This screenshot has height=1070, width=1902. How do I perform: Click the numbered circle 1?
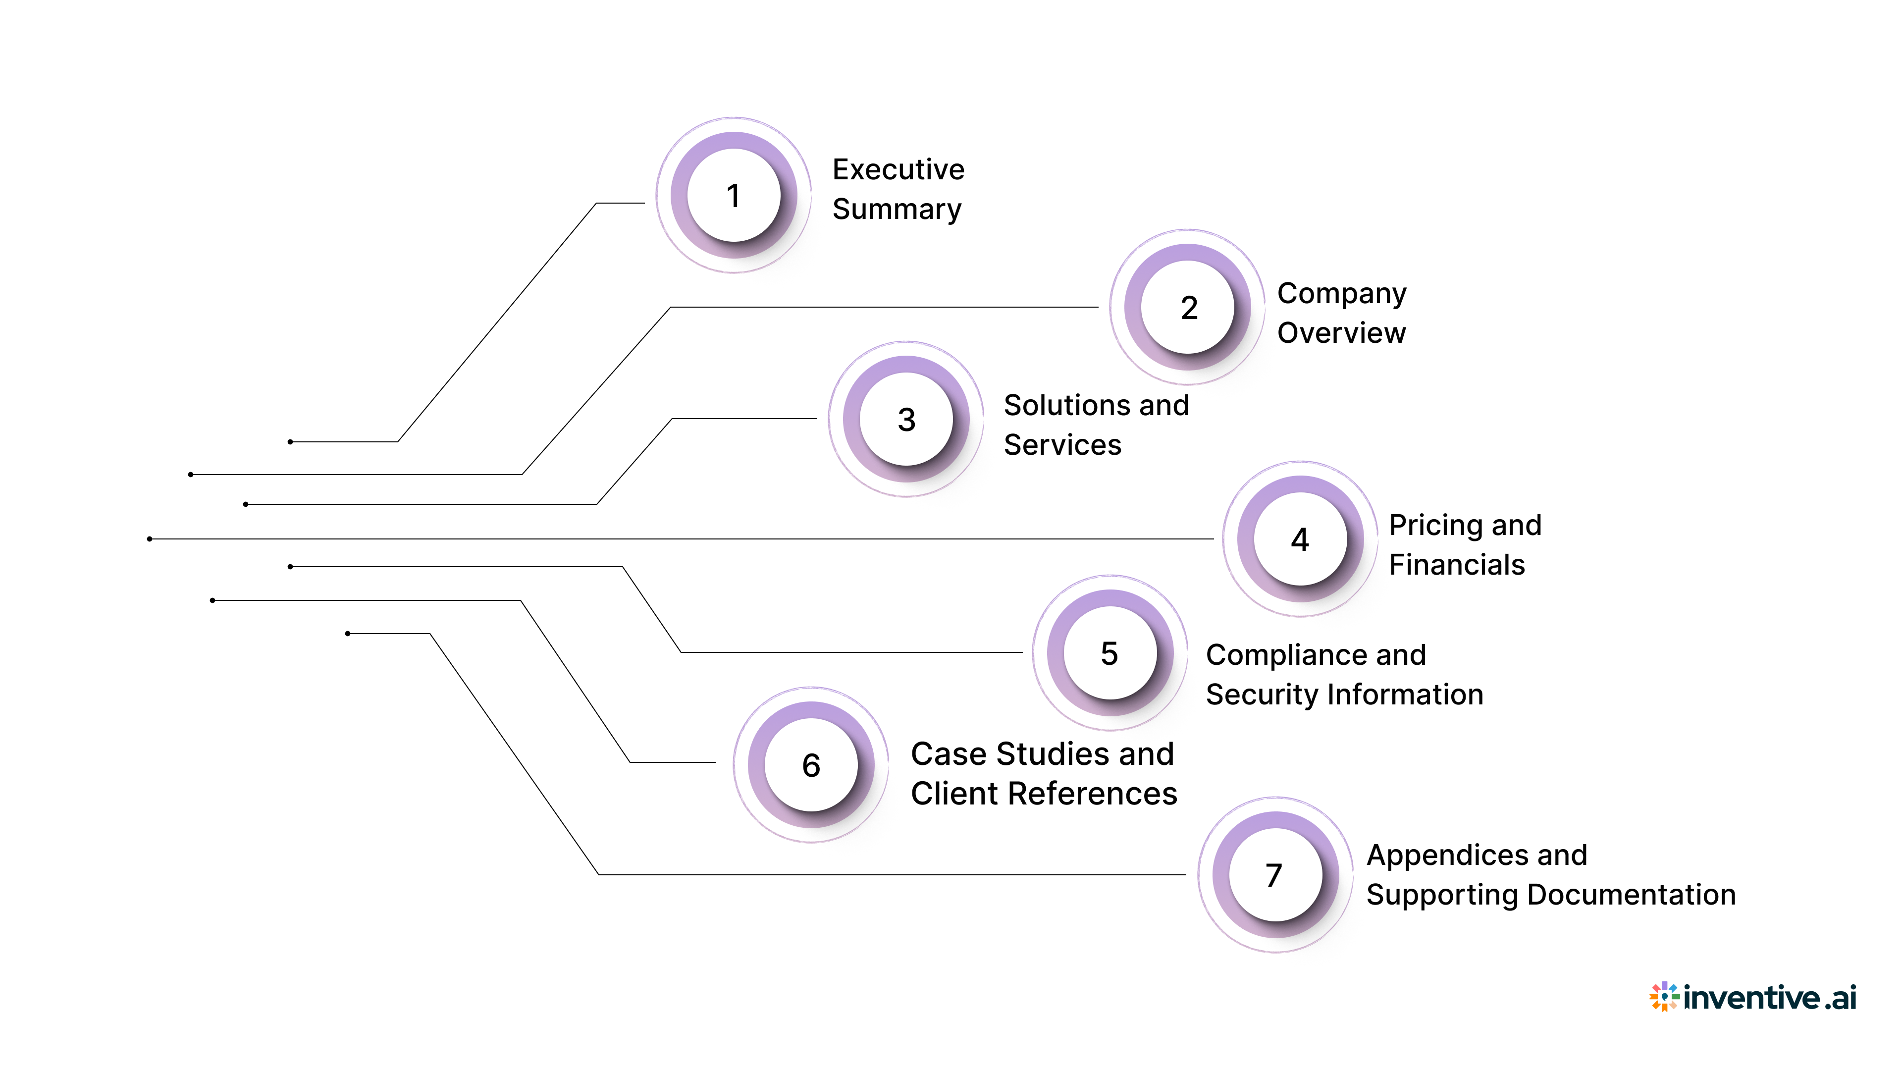733,196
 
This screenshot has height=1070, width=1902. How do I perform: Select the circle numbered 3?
906,420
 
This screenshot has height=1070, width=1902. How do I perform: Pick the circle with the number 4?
1300,539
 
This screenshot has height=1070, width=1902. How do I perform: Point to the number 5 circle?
1109,653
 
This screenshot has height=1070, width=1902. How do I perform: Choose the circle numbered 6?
811,765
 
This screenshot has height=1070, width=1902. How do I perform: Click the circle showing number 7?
1274,875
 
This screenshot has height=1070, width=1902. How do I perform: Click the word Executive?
898,170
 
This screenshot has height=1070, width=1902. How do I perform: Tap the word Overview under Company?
1341,333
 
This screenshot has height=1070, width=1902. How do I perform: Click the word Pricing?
1434,526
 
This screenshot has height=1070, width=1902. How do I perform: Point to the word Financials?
1456,565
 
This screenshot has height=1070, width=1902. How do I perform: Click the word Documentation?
1631,895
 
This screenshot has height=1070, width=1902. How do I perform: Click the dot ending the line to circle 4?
150,539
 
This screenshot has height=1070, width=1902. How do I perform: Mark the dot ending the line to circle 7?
348,634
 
